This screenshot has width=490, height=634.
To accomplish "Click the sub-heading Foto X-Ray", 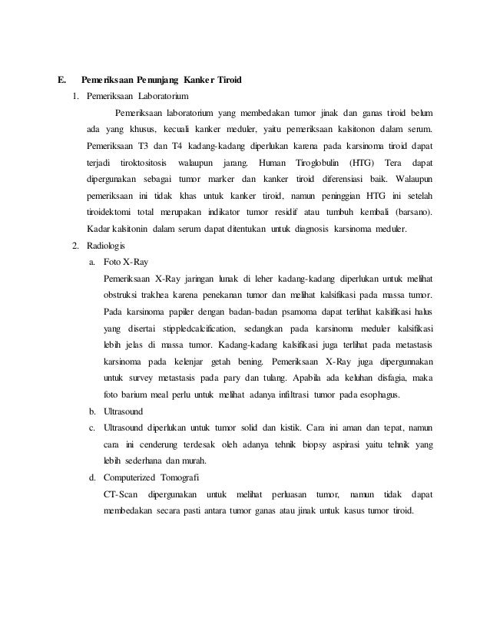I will coord(124,262).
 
